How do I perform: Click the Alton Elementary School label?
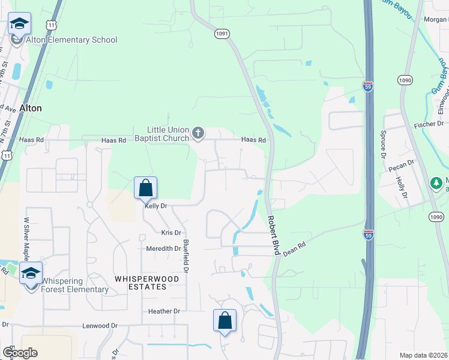[71, 40]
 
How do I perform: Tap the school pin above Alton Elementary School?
[19, 25]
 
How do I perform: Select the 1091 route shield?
[221, 34]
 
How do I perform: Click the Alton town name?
[31, 109]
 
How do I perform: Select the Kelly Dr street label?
[155, 206]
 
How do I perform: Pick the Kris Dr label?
[171, 232]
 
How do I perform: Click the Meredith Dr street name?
[163, 248]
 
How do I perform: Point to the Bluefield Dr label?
[186, 257]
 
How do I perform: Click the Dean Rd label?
[294, 249]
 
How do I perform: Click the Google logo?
[20, 353]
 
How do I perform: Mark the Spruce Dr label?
[382, 143]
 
